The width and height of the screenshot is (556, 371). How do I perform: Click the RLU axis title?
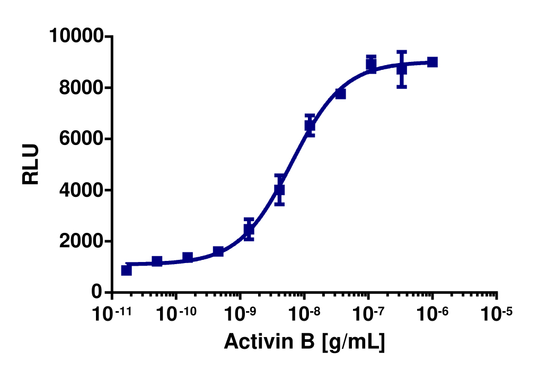click(31, 164)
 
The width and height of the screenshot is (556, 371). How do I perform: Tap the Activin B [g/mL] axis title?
click(304, 341)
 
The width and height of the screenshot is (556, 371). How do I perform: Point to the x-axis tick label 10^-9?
click(240, 313)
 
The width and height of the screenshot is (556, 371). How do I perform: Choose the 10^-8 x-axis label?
click(304, 313)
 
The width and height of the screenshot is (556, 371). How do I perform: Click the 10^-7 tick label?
click(368, 313)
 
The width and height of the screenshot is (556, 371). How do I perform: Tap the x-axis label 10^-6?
click(433, 313)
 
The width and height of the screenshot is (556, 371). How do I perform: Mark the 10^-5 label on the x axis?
click(497, 313)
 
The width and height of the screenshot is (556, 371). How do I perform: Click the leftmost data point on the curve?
click(126, 270)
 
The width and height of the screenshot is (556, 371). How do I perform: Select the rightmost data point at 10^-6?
click(433, 62)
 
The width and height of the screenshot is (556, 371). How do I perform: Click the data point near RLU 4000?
click(279, 189)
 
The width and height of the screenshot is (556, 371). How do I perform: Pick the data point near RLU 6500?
click(310, 125)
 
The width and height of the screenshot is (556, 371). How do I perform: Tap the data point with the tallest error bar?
click(402, 69)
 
